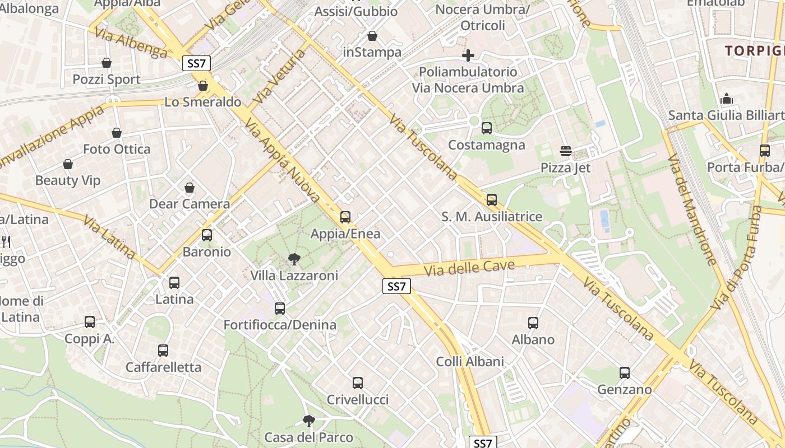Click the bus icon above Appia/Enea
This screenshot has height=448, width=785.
click(345, 217)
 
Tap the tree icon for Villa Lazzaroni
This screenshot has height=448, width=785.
click(294, 259)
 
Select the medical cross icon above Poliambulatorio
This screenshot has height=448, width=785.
click(468, 55)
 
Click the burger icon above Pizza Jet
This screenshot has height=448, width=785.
click(566, 151)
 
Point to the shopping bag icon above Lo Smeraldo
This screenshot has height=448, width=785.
click(203, 86)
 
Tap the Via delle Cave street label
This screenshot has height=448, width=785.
click(469, 268)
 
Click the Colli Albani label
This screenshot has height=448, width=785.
click(470, 361)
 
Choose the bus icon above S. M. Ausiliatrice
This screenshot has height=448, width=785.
click(492, 200)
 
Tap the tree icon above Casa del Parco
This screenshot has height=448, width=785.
click(308, 421)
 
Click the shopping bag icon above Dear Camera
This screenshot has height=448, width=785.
click(190, 188)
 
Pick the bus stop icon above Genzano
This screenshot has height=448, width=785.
click(625, 373)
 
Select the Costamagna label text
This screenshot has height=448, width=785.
click(487, 145)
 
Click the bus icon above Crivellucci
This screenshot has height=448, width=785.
click(358, 383)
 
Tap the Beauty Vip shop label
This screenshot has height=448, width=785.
click(68, 180)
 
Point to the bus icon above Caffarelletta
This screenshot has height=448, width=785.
click(163, 351)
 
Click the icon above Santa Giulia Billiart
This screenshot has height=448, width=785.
click(727, 99)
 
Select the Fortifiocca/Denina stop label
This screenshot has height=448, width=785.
click(280, 325)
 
